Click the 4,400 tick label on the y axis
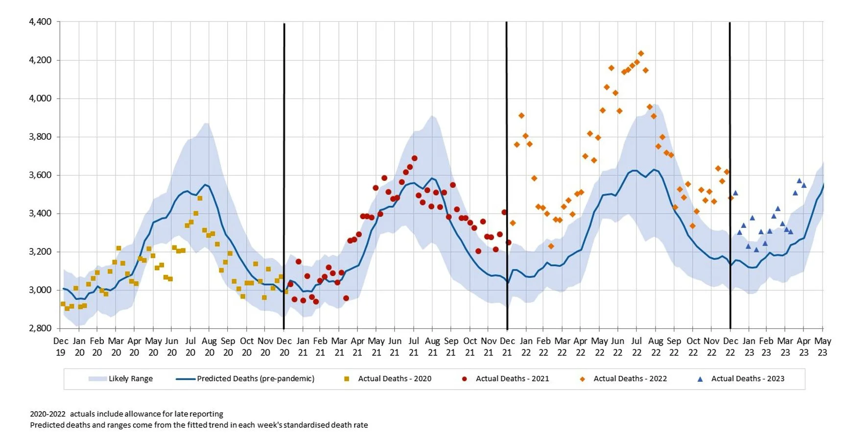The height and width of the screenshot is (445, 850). click(x=40, y=22)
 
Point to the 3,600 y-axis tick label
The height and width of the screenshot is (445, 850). click(x=40, y=175)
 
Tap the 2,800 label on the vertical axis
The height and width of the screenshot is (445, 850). click(x=40, y=328)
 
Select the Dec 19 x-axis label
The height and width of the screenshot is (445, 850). click(x=61, y=346)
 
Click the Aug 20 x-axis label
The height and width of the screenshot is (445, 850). click(x=209, y=346)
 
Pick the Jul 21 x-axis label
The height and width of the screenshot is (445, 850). click(x=414, y=346)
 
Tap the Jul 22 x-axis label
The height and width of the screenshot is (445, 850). click(x=637, y=346)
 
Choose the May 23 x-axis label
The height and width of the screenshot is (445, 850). click(x=823, y=346)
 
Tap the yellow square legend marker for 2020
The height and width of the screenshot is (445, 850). click(x=347, y=379)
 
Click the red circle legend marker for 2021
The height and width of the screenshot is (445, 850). click(x=464, y=379)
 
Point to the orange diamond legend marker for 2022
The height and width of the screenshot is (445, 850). click(x=582, y=379)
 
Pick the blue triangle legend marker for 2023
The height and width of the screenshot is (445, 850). click(x=700, y=379)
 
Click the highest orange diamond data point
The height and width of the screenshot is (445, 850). click(x=641, y=53)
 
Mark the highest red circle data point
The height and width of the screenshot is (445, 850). click(x=414, y=158)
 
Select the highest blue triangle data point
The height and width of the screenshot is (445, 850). click(x=799, y=181)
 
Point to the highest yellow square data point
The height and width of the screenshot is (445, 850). click(x=200, y=198)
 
